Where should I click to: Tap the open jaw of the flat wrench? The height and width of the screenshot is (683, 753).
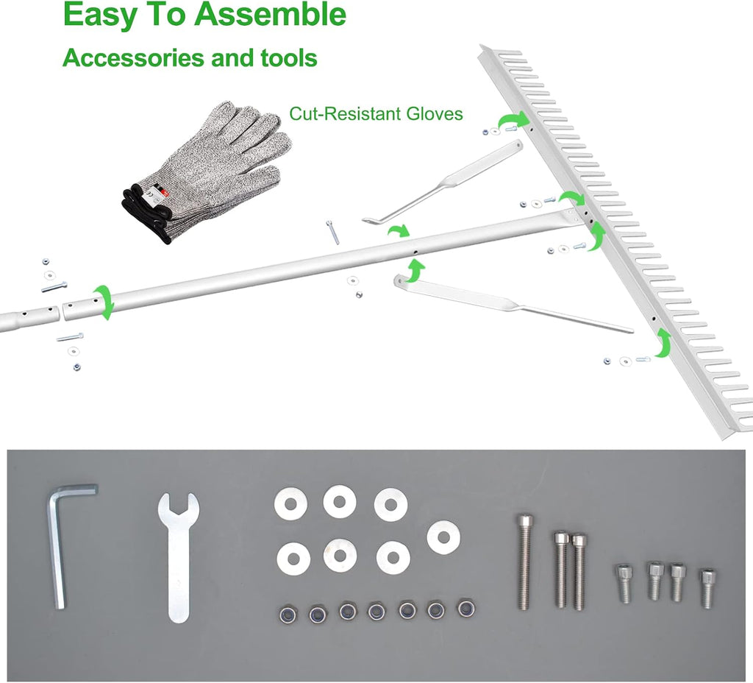click(178, 506)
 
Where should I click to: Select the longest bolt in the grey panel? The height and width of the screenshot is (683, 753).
click(524, 561)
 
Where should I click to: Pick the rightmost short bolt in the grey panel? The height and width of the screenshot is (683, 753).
click(706, 588)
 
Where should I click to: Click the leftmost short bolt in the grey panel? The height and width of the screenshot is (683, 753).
click(623, 583)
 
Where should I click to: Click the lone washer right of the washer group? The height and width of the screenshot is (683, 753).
click(443, 537)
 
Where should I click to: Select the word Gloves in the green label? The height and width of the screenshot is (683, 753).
click(435, 114)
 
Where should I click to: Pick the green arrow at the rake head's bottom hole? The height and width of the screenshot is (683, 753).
click(663, 341)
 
